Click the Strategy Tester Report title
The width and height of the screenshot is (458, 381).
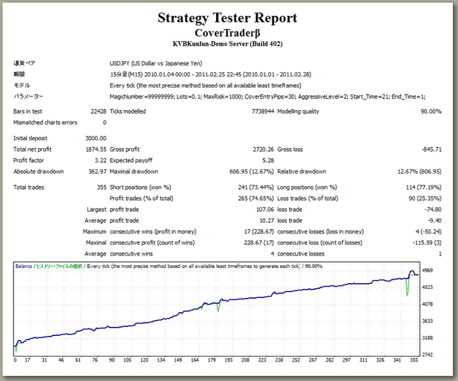(x=228, y=18)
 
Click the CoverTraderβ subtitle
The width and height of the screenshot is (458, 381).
(x=228, y=33)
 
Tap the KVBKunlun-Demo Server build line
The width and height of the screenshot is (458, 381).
(x=228, y=44)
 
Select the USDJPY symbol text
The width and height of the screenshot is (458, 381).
(x=121, y=64)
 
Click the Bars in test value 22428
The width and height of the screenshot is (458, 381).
(x=97, y=111)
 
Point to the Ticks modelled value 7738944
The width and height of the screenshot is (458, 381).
(x=259, y=111)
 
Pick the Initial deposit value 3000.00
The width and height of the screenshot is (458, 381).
(x=96, y=138)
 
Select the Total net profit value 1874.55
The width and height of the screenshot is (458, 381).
(x=96, y=149)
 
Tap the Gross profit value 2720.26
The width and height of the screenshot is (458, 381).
(x=261, y=149)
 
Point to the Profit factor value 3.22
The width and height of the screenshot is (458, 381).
(x=100, y=160)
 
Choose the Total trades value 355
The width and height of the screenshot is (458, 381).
(x=101, y=187)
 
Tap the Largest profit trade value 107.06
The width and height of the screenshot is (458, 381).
(x=262, y=209)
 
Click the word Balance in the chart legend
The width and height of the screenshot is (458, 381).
(x=24, y=265)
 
